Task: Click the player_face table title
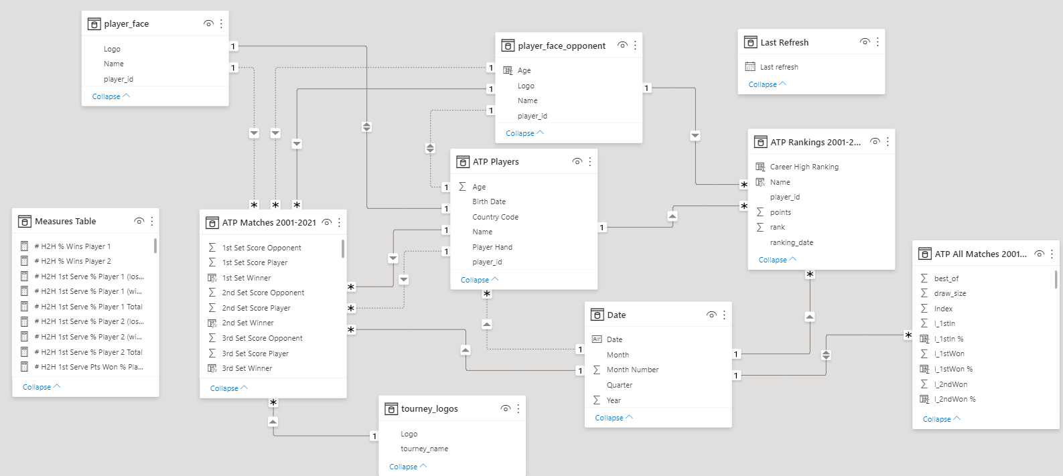(x=127, y=24)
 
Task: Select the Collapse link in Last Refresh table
(x=763, y=85)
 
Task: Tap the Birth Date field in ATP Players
(x=489, y=202)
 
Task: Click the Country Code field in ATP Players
(x=495, y=217)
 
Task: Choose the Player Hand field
(x=492, y=247)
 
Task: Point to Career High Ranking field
(x=804, y=167)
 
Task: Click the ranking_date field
(x=792, y=242)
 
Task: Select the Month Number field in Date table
(x=632, y=370)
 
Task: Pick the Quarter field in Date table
(x=620, y=385)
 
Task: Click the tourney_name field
(x=425, y=449)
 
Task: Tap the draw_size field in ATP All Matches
(x=950, y=294)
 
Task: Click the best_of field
(x=946, y=279)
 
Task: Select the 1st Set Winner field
(x=246, y=278)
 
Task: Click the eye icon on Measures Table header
(x=139, y=221)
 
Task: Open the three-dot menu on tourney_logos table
(x=518, y=408)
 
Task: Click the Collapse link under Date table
(x=610, y=418)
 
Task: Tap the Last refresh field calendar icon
(x=750, y=67)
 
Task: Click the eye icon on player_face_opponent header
(x=622, y=46)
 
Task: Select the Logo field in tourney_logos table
(x=409, y=434)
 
